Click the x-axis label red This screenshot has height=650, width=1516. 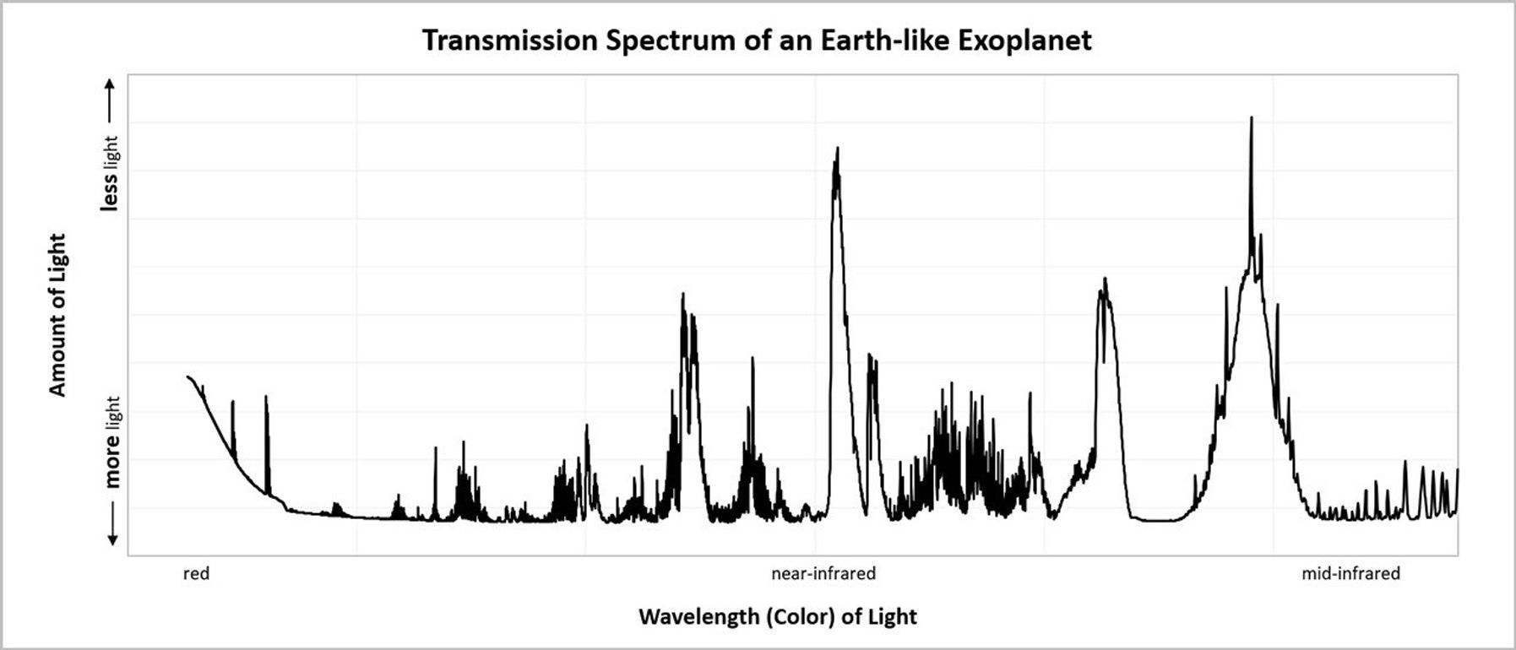coord(196,574)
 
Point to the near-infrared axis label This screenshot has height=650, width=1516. coord(823,574)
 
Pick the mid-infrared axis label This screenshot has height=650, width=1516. coord(1350,574)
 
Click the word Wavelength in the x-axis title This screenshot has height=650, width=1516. coord(699,616)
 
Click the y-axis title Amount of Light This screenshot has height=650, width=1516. coord(57,315)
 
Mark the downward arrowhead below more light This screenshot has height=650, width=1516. coord(112,540)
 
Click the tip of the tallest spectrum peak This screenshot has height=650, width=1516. coord(1251,117)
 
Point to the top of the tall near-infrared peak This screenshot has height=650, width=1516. coord(837,149)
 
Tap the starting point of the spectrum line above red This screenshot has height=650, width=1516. coord(187,376)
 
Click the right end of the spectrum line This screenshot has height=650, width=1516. coord(1458,469)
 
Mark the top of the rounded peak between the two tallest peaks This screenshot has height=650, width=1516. coord(1104,279)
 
